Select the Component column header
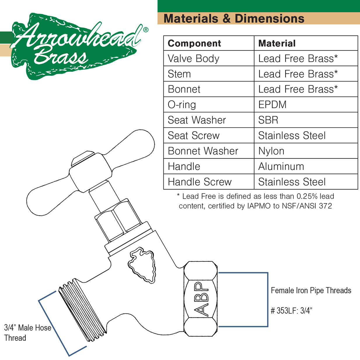[194, 43]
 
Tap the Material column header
[277, 43]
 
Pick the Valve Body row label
[193, 59]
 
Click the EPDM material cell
[272, 105]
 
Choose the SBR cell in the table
[268, 120]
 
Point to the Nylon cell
[271, 151]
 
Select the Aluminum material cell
[281, 167]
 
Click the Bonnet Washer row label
[203, 151]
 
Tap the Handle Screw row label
[200, 182]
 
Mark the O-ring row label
[182, 105]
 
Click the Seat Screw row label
[193, 135]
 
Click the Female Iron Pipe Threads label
[311, 291]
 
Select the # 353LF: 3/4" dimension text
[291, 311]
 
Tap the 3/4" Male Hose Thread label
[28, 333]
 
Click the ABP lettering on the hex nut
[201, 299]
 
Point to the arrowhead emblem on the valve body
[142, 265]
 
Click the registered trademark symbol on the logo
[146, 30]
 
